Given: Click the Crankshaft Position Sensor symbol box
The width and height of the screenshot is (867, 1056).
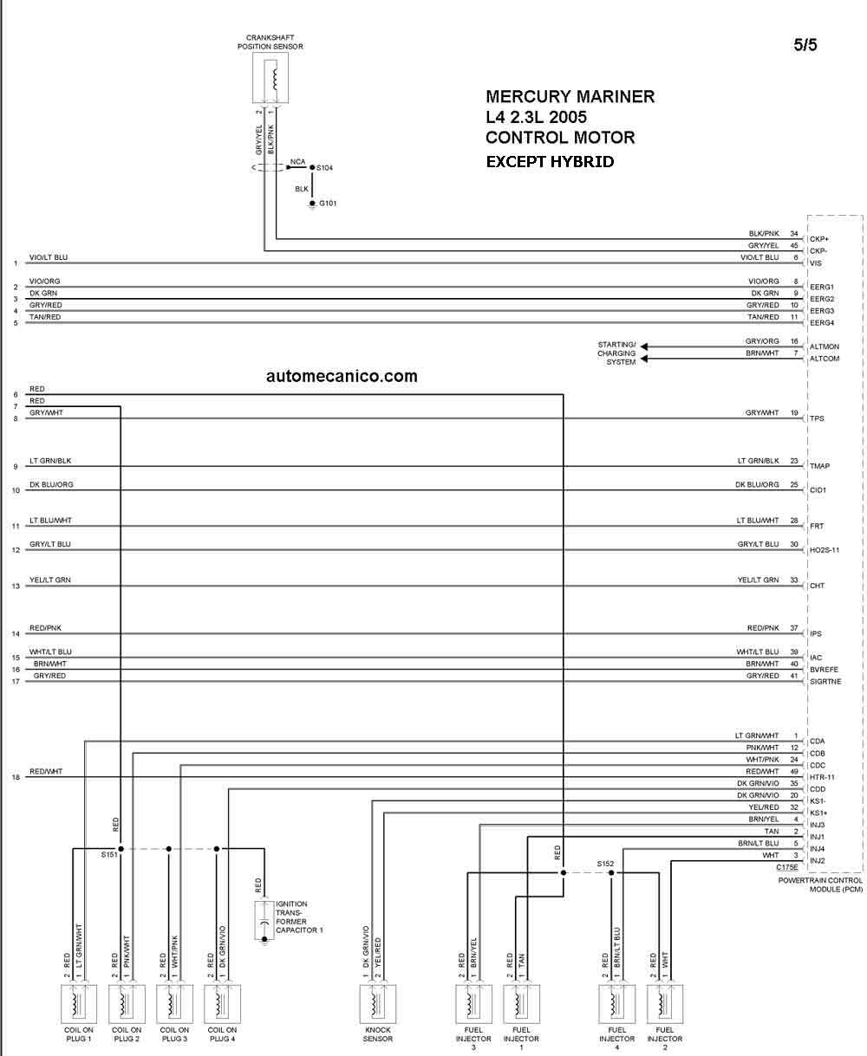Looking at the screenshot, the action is pos(271,78).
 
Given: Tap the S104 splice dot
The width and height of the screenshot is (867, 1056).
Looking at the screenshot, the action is pos(312,167).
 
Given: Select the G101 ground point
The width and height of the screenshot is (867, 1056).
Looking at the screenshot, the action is pos(312,204).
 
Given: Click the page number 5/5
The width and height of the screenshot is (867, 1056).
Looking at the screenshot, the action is pos(805,44).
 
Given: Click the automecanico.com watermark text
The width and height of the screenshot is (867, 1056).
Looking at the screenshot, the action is pos(342,376).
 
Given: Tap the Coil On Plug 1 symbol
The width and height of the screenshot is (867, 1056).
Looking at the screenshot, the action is pos(79,1003).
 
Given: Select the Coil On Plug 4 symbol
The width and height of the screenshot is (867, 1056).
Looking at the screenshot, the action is pos(222,1003).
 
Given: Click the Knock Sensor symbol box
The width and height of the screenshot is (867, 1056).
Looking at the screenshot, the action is pos(377,1003).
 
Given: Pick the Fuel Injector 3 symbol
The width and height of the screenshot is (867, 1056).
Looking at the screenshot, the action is pos(473,1003).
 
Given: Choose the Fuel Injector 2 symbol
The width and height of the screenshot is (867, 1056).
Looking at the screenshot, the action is pos(664,1003).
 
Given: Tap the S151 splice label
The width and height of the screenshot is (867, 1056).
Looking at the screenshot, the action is pos(109,854).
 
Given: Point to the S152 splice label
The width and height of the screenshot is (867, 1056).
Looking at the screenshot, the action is pos(605,863).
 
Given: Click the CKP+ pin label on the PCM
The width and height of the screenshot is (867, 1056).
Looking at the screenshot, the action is pos(819,239).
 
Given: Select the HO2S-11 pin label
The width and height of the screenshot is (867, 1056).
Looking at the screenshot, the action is pos(825,550).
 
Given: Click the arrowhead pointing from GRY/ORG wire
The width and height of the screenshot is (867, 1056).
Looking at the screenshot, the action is pos(644,347).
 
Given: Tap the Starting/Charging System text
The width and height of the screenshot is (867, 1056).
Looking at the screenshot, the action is pos(616,353).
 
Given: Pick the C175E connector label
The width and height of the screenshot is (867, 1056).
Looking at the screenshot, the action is pos(787,867).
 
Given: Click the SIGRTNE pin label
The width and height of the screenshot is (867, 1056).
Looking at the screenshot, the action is pos(825,682).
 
